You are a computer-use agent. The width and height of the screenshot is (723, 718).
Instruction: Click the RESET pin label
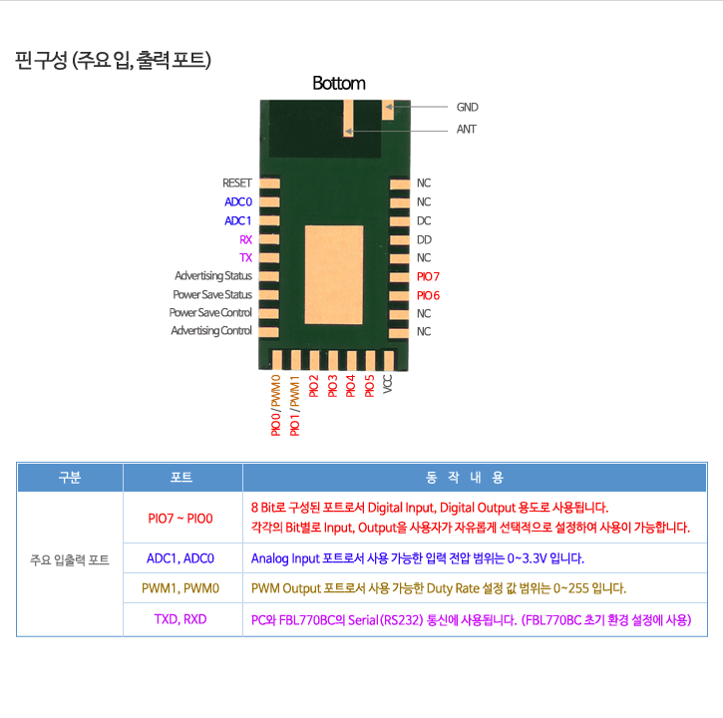coord(237,183)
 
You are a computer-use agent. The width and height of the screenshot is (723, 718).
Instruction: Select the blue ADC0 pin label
coord(238,202)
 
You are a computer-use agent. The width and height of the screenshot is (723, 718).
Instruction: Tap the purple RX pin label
coord(245,239)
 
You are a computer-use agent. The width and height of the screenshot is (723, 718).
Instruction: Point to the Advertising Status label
coord(213,276)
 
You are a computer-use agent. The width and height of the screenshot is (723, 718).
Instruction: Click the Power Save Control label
coord(210,313)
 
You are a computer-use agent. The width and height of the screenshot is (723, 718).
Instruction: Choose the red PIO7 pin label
coord(428,276)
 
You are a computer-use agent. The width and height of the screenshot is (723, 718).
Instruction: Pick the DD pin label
coord(424,239)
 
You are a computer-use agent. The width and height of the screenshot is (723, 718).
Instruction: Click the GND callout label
coord(467,107)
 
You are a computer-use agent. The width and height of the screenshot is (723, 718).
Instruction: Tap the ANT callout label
coord(466,129)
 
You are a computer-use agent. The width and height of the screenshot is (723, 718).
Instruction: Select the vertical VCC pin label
coord(387,384)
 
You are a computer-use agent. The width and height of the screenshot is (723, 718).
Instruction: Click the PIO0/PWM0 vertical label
coord(275,405)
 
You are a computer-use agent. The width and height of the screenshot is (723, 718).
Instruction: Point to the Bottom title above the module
coord(339,84)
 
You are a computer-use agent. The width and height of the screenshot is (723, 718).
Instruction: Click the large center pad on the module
coord(334,275)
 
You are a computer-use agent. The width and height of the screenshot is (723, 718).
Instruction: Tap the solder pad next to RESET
coord(269,183)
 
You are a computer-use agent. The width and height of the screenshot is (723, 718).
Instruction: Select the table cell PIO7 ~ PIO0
coord(181,519)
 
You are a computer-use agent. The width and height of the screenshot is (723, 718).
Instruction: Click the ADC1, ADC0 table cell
coord(181,558)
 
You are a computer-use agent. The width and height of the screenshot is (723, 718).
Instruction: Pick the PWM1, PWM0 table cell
coord(181,588)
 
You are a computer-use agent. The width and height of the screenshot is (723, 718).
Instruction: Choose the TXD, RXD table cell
coord(181,619)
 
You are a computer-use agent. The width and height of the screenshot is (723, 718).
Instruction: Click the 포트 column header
coord(181,477)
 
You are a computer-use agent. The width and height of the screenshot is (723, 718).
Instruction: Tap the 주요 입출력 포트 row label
coord(70,559)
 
